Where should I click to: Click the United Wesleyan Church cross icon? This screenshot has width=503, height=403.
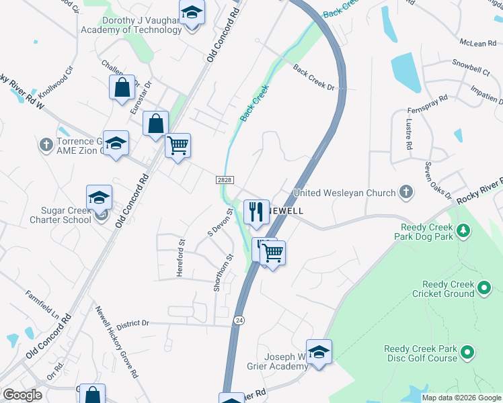[x=405, y=193]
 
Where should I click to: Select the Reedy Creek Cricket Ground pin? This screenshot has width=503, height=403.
[x=484, y=289]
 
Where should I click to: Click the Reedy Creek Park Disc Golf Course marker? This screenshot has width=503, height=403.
[x=467, y=351]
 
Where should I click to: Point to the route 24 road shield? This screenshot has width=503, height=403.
[x=239, y=320]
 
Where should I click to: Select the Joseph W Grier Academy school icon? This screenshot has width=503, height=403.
[x=319, y=351]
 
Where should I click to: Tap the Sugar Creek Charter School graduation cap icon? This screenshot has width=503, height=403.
[x=99, y=197]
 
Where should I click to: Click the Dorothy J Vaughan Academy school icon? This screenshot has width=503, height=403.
[x=192, y=12]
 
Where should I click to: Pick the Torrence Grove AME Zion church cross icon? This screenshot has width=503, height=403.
[x=46, y=144]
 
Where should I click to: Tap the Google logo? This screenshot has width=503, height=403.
[x=22, y=395]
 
